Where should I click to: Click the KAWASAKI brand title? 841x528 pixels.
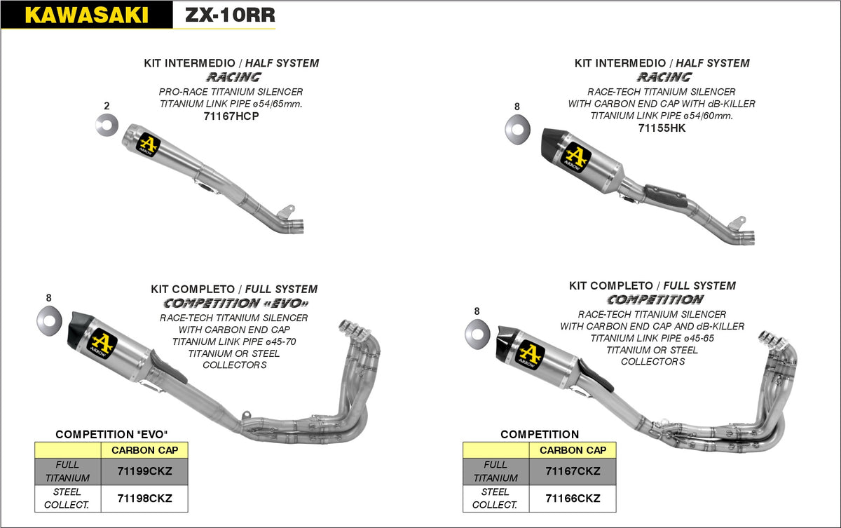pyautogui.click(x=86, y=15)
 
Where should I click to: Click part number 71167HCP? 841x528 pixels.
pyautogui.click(x=231, y=116)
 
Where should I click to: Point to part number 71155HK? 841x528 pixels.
pyautogui.click(x=662, y=128)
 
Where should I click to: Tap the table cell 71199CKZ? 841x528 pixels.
pyautogui.click(x=145, y=471)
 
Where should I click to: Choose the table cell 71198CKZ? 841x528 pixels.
pyautogui.click(x=145, y=499)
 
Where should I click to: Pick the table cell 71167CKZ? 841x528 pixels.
pyautogui.click(x=573, y=471)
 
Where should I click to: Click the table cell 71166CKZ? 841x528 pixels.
pyautogui.click(x=573, y=499)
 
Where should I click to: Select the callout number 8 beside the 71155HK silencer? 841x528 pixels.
pyautogui.click(x=517, y=107)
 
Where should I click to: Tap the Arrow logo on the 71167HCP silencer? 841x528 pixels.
pyautogui.click(x=149, y=144)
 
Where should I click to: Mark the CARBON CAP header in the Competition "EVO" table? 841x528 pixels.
pyautogui.click(x=145, y=450)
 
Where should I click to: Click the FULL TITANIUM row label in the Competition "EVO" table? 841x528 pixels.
pyautogui.click(x=68, y=471)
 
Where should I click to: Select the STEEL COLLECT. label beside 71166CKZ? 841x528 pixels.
pyautogui.click(x=495, y=499)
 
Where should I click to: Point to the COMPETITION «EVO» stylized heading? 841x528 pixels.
pyautogui.click(x=235, y=304)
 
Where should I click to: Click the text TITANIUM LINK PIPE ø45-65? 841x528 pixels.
pyautogui.click(x=652, y=338)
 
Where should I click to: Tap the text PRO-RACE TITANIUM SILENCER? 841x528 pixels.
pyautogui.click(x=231, y=92)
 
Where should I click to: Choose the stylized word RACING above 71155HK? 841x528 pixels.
pyautogui.click(x=663, y=77)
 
